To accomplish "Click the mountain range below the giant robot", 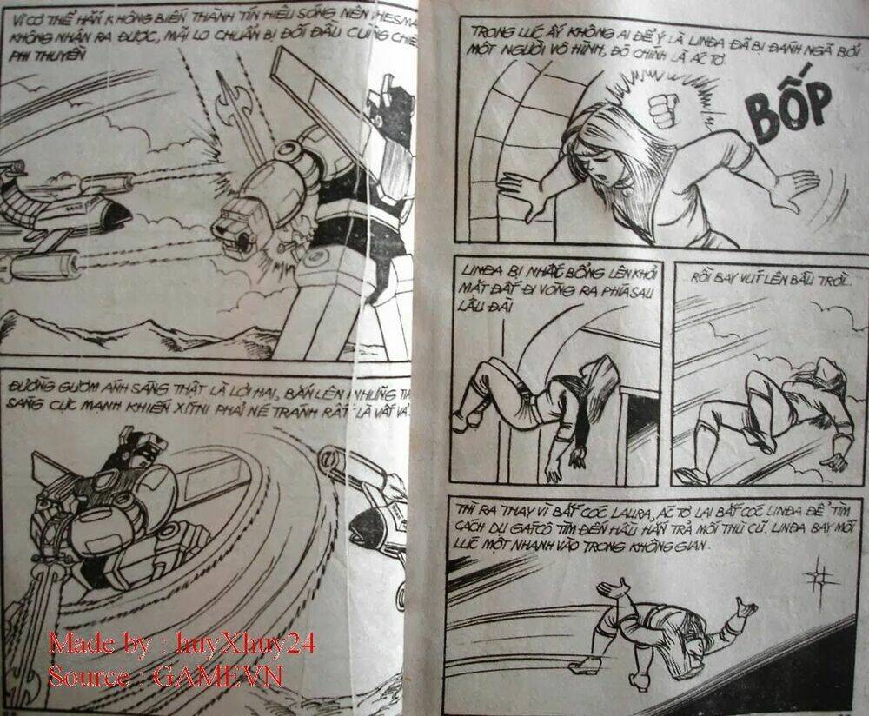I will click(x=130, y=335).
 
